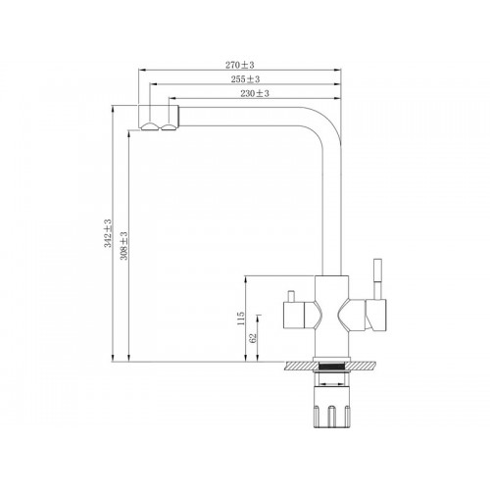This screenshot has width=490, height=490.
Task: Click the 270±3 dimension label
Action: (x=239, y=65)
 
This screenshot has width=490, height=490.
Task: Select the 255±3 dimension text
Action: (x=245, y=79)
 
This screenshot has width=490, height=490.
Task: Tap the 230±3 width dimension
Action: (x=255, y=93)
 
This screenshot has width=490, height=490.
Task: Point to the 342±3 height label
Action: (x=108, y=233)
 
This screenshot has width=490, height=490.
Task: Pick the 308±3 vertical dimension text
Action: (x=124, y=246)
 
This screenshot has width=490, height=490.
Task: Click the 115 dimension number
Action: (x=241, y=318)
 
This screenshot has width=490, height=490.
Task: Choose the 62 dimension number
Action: (x=253, y=338)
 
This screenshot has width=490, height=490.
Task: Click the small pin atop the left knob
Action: (x=290, y=296)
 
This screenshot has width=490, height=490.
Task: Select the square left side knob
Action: (x=293, y=316)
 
